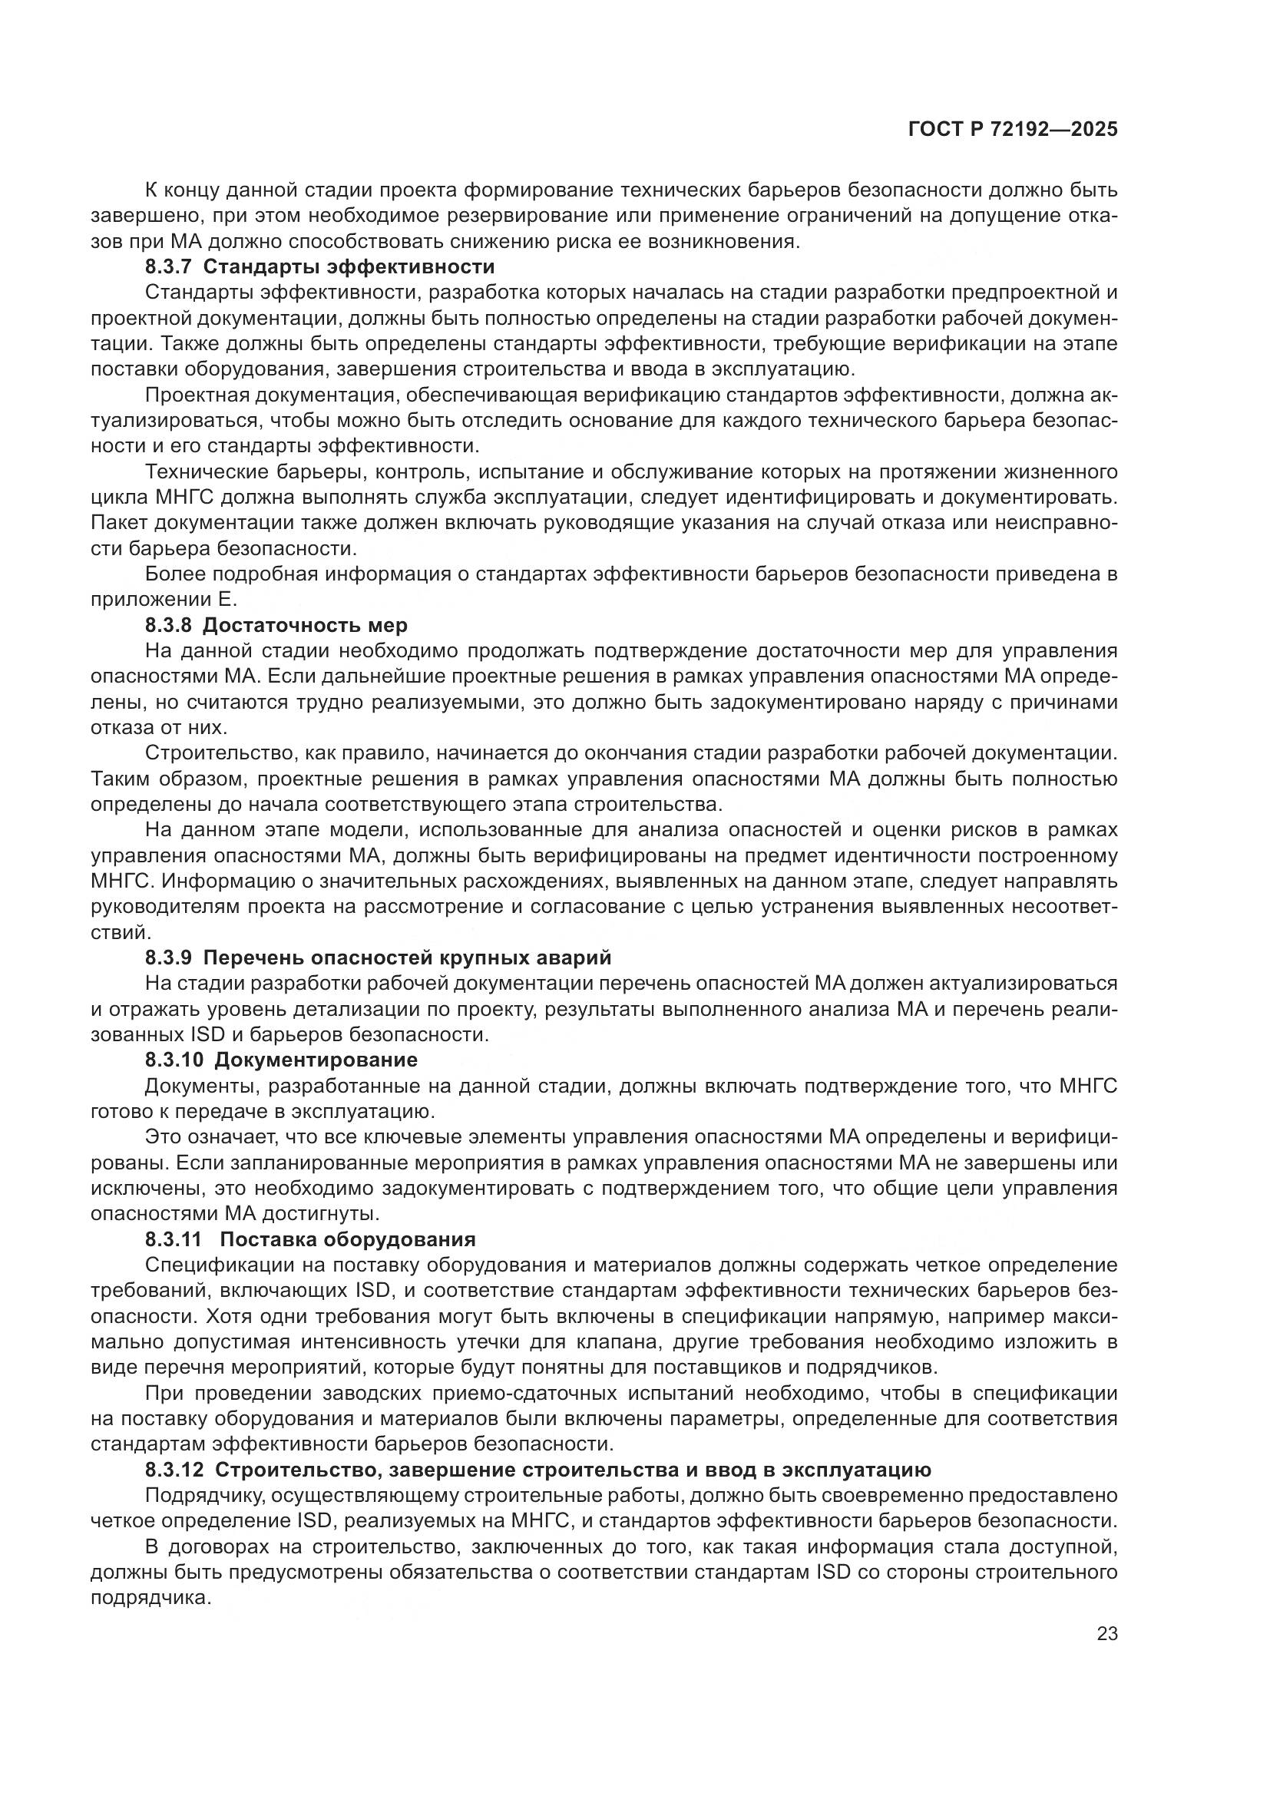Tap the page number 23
click(1106, 1633)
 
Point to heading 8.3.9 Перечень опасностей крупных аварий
click(378, 958)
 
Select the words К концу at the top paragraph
click(181, 190)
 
